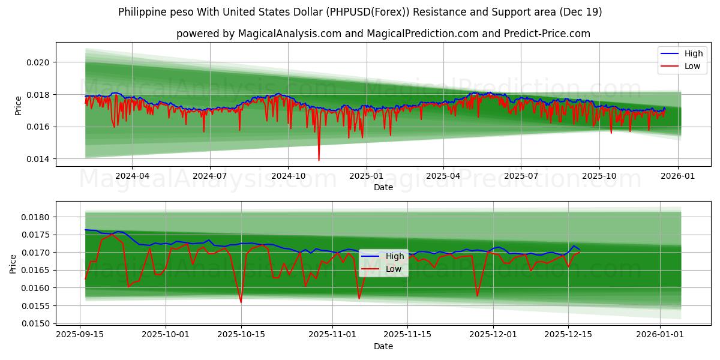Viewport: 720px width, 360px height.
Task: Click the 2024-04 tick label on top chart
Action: point(131,176)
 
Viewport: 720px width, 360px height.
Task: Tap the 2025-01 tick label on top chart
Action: point(366,176)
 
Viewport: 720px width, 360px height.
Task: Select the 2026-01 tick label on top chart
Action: point(678,176)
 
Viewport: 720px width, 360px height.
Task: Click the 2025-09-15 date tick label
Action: point(80,335)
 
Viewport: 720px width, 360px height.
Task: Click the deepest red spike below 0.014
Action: point(319,160)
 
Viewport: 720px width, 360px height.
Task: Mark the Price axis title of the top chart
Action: point(18,105)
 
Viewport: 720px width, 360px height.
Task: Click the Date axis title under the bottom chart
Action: point(383,346)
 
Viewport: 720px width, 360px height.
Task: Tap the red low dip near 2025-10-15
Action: point(241,302)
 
